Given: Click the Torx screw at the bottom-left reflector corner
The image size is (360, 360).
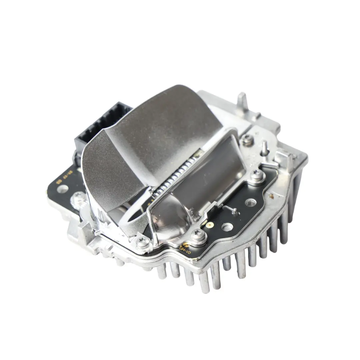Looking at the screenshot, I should (x=143, y=243).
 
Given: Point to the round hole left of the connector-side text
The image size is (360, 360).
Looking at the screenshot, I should (x=62, y=189).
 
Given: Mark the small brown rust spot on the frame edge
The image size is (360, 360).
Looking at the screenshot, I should (x=271, y=196).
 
